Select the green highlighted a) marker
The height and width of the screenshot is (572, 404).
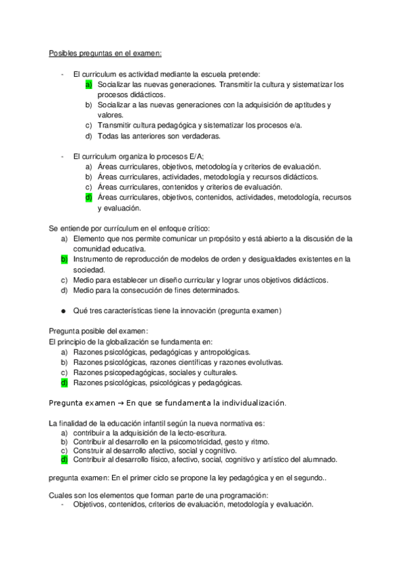(88, 85)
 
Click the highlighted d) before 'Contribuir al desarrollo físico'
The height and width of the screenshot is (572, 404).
(65, 460)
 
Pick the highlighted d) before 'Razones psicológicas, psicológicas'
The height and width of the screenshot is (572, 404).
(65, 382)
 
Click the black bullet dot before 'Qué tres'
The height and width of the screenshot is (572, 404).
(63, 311)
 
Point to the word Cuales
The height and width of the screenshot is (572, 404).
(60, 494)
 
